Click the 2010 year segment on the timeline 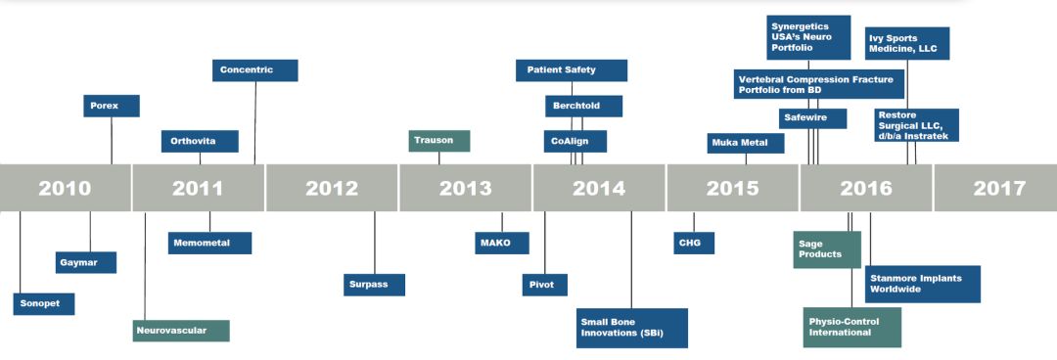point(66,188)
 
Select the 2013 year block point(465,188)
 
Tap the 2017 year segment point(995,188)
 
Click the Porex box point(112,106)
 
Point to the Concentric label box point(254,70)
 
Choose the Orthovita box point(200,141)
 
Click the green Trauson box point(438,140)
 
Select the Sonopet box point(44,303)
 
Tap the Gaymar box point(85,262)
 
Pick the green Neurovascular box point(181,331)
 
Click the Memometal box point(209,243)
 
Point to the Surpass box point(374,285)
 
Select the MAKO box point(501,243)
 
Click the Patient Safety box point(572,70)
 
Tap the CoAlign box point(575,141)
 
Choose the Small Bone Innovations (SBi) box point(631,328)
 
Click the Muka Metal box point(746,143)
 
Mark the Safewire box point(813,118)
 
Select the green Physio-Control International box point(852,327)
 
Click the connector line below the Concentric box point(254,122)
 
